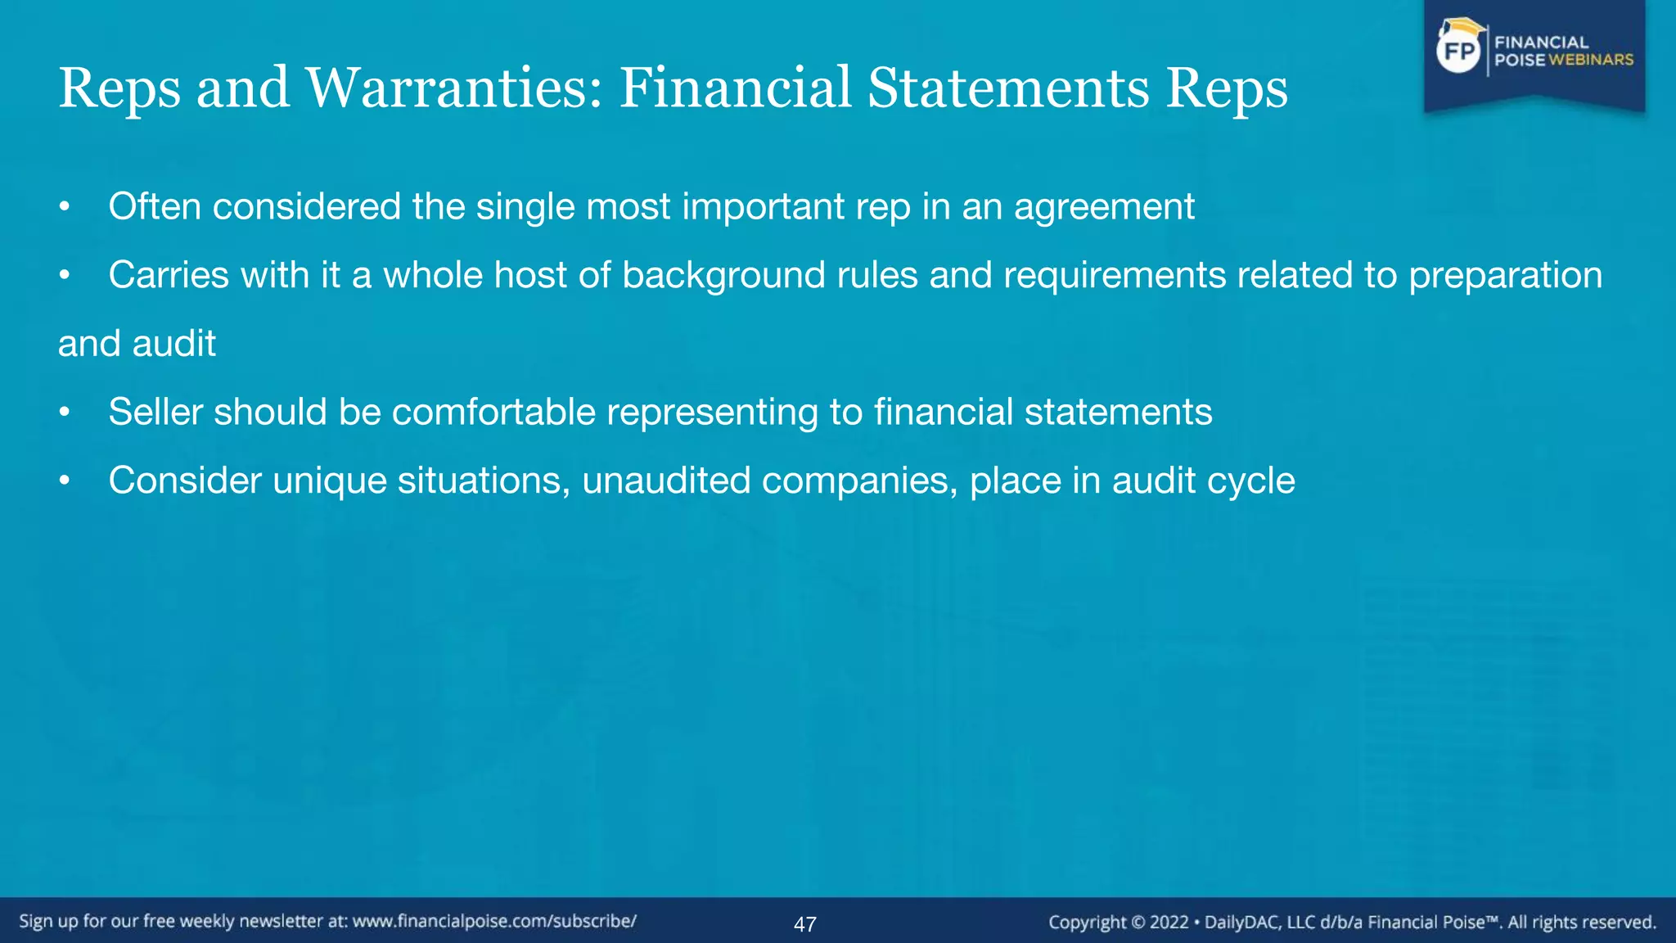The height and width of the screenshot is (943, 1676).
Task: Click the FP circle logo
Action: (1459, 52)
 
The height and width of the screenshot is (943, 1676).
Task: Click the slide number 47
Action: (805, 924)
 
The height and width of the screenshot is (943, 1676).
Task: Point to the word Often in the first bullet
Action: (155, 206)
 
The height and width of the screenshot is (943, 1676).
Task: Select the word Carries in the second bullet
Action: (169, 275)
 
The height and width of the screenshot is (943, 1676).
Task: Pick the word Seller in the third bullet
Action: (155, 412)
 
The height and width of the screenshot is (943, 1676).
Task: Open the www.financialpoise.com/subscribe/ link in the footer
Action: (494, 922)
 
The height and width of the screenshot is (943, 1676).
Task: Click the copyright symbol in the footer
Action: (1138, 923)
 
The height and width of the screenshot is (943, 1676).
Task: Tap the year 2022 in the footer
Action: (1169, 923)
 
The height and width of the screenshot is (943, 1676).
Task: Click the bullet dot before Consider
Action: (65, 481)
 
